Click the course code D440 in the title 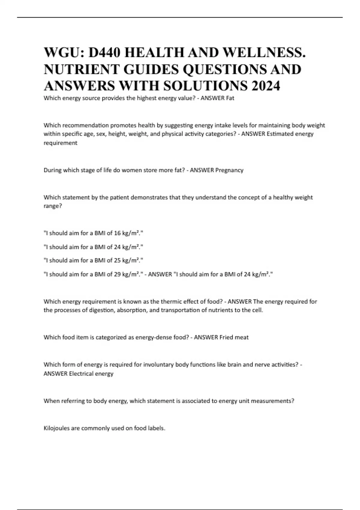point(103,52)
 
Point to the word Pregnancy point(229,170)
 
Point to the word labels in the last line point(156,428)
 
